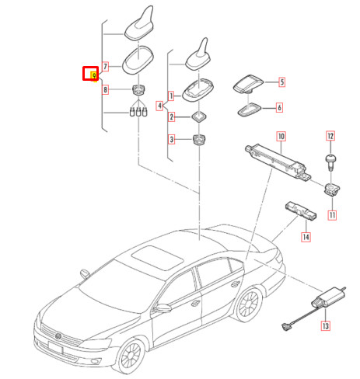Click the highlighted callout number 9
pyautogui.click(x=90, y=75)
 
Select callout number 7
pyautogui.click(x=106, y=68)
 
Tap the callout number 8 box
pyautogui.click(x=106, y=90)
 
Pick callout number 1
pyautogui.click(x=172, y=96)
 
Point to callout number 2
pyautogui.click(x=172, y=118)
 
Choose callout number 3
pyautogui.click(x=172, y=140)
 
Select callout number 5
pyautogui.click(x=281, y=82)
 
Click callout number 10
pyautogui.click(x=281, y=137)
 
